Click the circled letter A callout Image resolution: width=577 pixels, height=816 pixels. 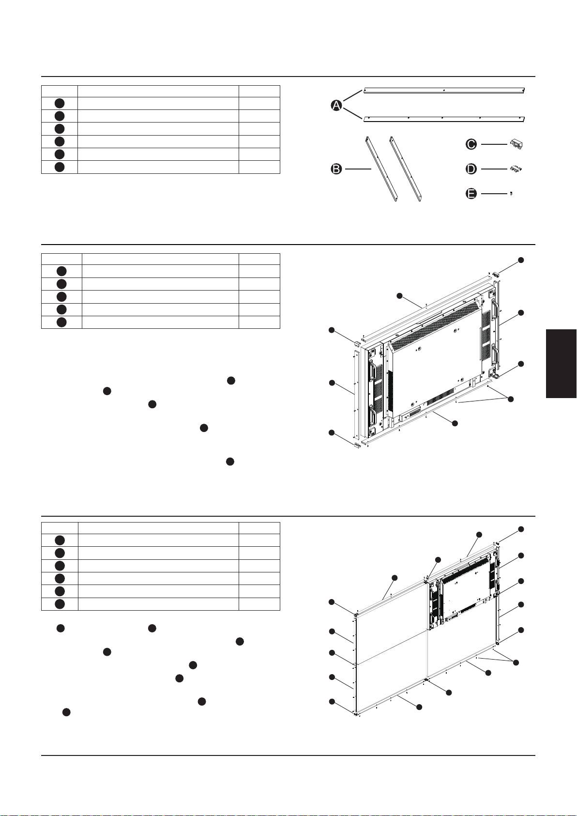[x=336, y=106]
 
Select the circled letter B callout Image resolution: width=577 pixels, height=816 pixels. [x=336, y=169]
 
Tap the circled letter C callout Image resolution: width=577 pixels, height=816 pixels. [x=471, y=145]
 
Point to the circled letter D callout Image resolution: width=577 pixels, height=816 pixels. [x=471, y=169]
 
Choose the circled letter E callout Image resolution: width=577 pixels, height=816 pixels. [x=471, y=193]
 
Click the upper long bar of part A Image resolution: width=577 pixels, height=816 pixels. [x=444, y=90]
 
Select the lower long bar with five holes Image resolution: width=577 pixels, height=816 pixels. [x=444, y=119]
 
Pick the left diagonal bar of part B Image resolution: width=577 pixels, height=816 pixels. [x=381, y=169]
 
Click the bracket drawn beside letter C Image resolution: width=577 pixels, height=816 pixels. [x=516, y=145]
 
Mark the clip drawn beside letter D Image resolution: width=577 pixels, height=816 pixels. [x=516, y=169]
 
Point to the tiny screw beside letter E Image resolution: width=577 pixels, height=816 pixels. [x=512, y=194]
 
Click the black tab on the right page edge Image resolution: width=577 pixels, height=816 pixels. [x=562, y=363]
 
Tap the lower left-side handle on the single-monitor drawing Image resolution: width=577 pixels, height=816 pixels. [x=373, y=416]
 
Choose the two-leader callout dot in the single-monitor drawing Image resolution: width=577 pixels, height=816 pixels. [x=511, y=399]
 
